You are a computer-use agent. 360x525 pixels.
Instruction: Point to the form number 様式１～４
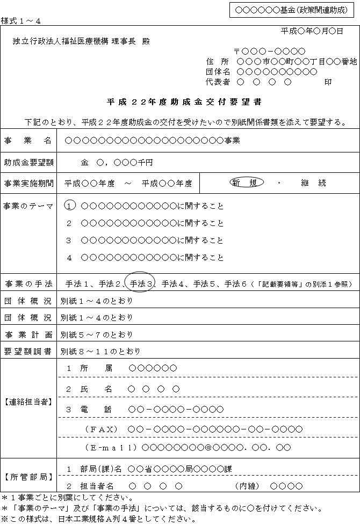pyautogui.click(x=20, y=20)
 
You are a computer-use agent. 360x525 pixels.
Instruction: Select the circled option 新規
pyautogui.click(x=246, y=183)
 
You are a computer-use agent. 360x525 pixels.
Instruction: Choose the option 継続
pyautogui.click(x=314, y=183)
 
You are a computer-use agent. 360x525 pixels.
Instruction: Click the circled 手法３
pyautogui.click(x=141, y=283)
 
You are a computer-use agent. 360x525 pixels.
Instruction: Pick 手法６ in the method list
pyautogui.click(x=235, y=283)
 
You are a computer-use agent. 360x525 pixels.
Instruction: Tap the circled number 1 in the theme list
pyautogui.click(x=69, y=206)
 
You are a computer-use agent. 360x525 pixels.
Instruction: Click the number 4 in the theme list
pyautogui.click(x=69, y=258)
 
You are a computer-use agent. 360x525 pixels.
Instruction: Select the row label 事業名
pyautogui.click(x=28, y=141)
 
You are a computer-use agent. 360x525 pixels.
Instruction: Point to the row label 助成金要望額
pyautogui.click(x=28, y=162)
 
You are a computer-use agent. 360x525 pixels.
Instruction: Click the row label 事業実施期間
pyautogui.click(x=28, y=183)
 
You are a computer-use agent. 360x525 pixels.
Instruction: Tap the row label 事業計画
pyautogui.click(x=28, y=335)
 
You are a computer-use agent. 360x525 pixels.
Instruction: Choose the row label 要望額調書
pyautogui.click(x=28, y=352)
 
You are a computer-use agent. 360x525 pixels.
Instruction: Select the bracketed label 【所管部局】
pyautogui.click(x=28, y=476)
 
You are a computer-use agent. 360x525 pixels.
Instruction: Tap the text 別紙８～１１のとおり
pyautogui.click(x=100, y=352)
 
